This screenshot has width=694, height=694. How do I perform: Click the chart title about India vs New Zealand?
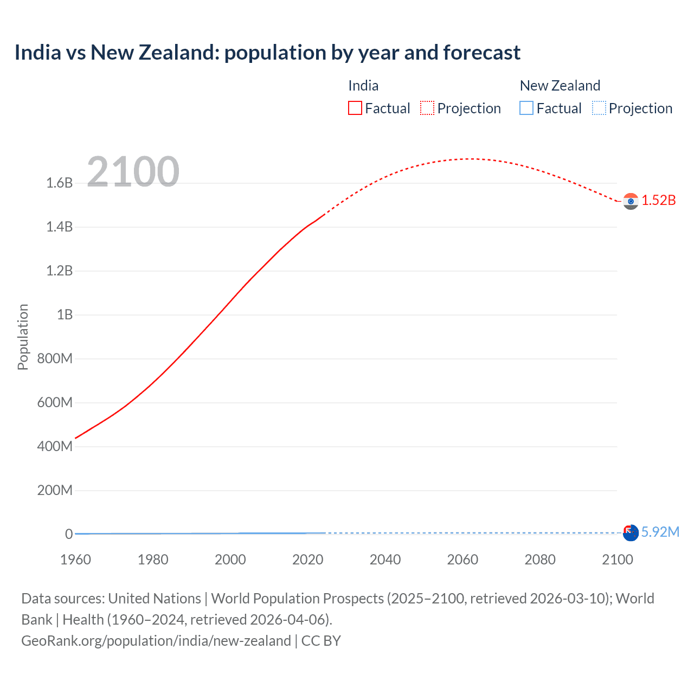pos(267,53)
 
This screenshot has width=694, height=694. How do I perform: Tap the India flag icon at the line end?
pos(631,201)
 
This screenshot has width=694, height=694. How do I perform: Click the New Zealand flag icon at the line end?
pos(631,533)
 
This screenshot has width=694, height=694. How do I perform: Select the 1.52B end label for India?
pos(659,201)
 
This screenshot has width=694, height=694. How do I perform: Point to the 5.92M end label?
pos(660,532)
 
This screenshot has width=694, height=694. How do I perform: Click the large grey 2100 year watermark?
pos(133,172)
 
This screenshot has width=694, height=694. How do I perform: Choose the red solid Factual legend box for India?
pos(355,108)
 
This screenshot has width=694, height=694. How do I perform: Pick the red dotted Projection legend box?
pos(427,108)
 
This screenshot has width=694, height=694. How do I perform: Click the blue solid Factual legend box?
pos(526,108)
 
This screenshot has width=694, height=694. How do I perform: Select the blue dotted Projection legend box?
pos(599,108)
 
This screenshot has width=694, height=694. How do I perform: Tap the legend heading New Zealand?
pos(560,86)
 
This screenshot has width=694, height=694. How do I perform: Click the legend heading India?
pos(363,86)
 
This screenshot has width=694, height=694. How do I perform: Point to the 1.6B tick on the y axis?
pos(60,183)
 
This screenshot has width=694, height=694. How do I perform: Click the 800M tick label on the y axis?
pos(55,359)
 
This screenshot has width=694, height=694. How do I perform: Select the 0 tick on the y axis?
pos(69,534)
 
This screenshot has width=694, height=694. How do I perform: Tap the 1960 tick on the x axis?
pos(75,560)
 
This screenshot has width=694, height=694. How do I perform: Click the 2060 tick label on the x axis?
pos(462,560)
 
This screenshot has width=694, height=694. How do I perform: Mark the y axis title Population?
pos(23,337)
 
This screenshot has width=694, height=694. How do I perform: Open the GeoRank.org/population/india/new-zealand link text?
pos(156,641)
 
